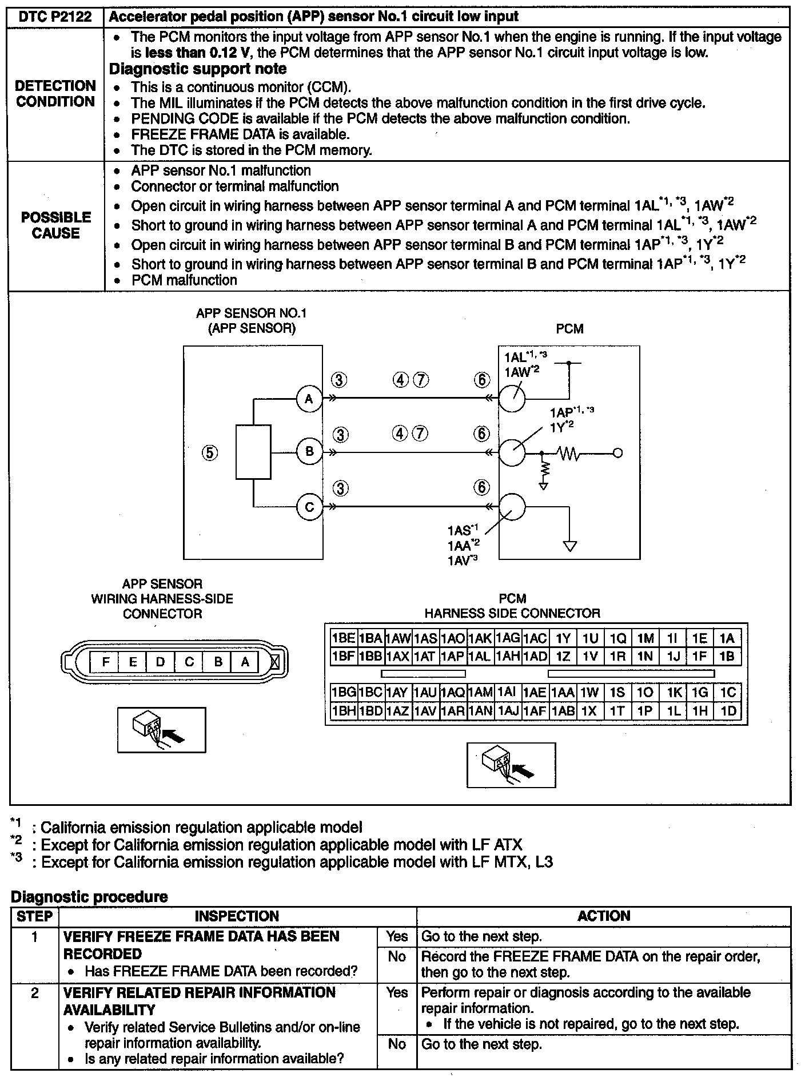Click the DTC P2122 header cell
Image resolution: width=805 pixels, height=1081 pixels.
coord(55,17)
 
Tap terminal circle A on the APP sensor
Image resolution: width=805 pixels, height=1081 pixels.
coord(309,399)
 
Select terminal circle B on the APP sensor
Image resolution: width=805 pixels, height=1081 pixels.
coord(309,452)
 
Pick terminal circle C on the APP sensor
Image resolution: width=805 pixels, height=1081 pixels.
coord(309,507)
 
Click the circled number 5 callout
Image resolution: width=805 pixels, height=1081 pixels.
coord(210,453)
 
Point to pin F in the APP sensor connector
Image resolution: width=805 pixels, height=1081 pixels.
coord(105,662)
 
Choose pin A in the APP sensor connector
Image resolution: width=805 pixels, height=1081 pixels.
coord(245,662)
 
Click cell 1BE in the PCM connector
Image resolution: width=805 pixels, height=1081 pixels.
coord(344,638)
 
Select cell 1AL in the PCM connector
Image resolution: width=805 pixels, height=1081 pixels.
coord(480,657)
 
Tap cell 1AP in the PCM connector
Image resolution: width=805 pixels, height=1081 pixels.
coord(453,657)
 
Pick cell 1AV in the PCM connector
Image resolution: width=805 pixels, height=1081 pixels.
coord(425,711)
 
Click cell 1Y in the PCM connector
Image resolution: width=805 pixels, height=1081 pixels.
coord(563,638)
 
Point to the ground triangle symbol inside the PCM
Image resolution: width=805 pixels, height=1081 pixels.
coord(569,546)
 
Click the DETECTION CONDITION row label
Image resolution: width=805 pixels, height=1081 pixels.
coord(55,94)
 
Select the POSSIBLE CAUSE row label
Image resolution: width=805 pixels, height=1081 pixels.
coord(55,225)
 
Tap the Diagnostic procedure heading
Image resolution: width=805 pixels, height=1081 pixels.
coord(90,896)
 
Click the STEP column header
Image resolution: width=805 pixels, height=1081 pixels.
coord(34,916)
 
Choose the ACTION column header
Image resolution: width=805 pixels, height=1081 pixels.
coord(603,916)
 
